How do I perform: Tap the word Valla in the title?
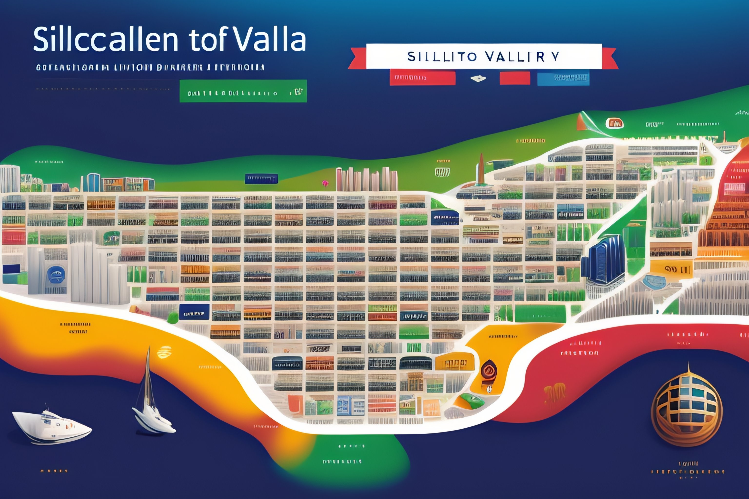271,40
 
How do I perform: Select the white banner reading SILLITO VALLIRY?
484,56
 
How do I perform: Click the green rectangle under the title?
243,91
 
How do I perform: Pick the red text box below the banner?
422,78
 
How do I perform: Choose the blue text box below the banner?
563,78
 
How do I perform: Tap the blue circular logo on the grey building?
56,274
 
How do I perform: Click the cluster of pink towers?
366,179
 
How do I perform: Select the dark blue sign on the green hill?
261,179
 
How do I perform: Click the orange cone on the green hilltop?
582,122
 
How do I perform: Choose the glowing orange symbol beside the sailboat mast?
164,352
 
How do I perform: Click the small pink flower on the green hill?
325,183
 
